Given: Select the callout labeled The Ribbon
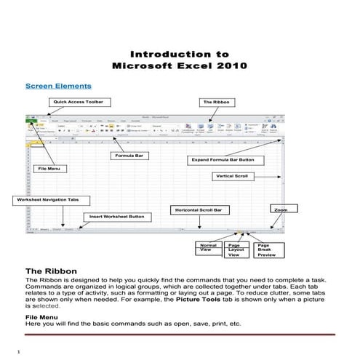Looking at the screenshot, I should pyautogui.click(x=215, y=103).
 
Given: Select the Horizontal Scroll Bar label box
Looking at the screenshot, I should pyautogui.click(x=201, y=210).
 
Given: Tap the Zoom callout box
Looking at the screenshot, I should pyautogui.click(x=281, y=209).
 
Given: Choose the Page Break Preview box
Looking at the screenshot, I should pyautogui.click(x=268, y=250).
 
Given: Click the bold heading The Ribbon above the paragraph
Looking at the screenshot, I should pyautogui.click(x=49, y=271).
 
